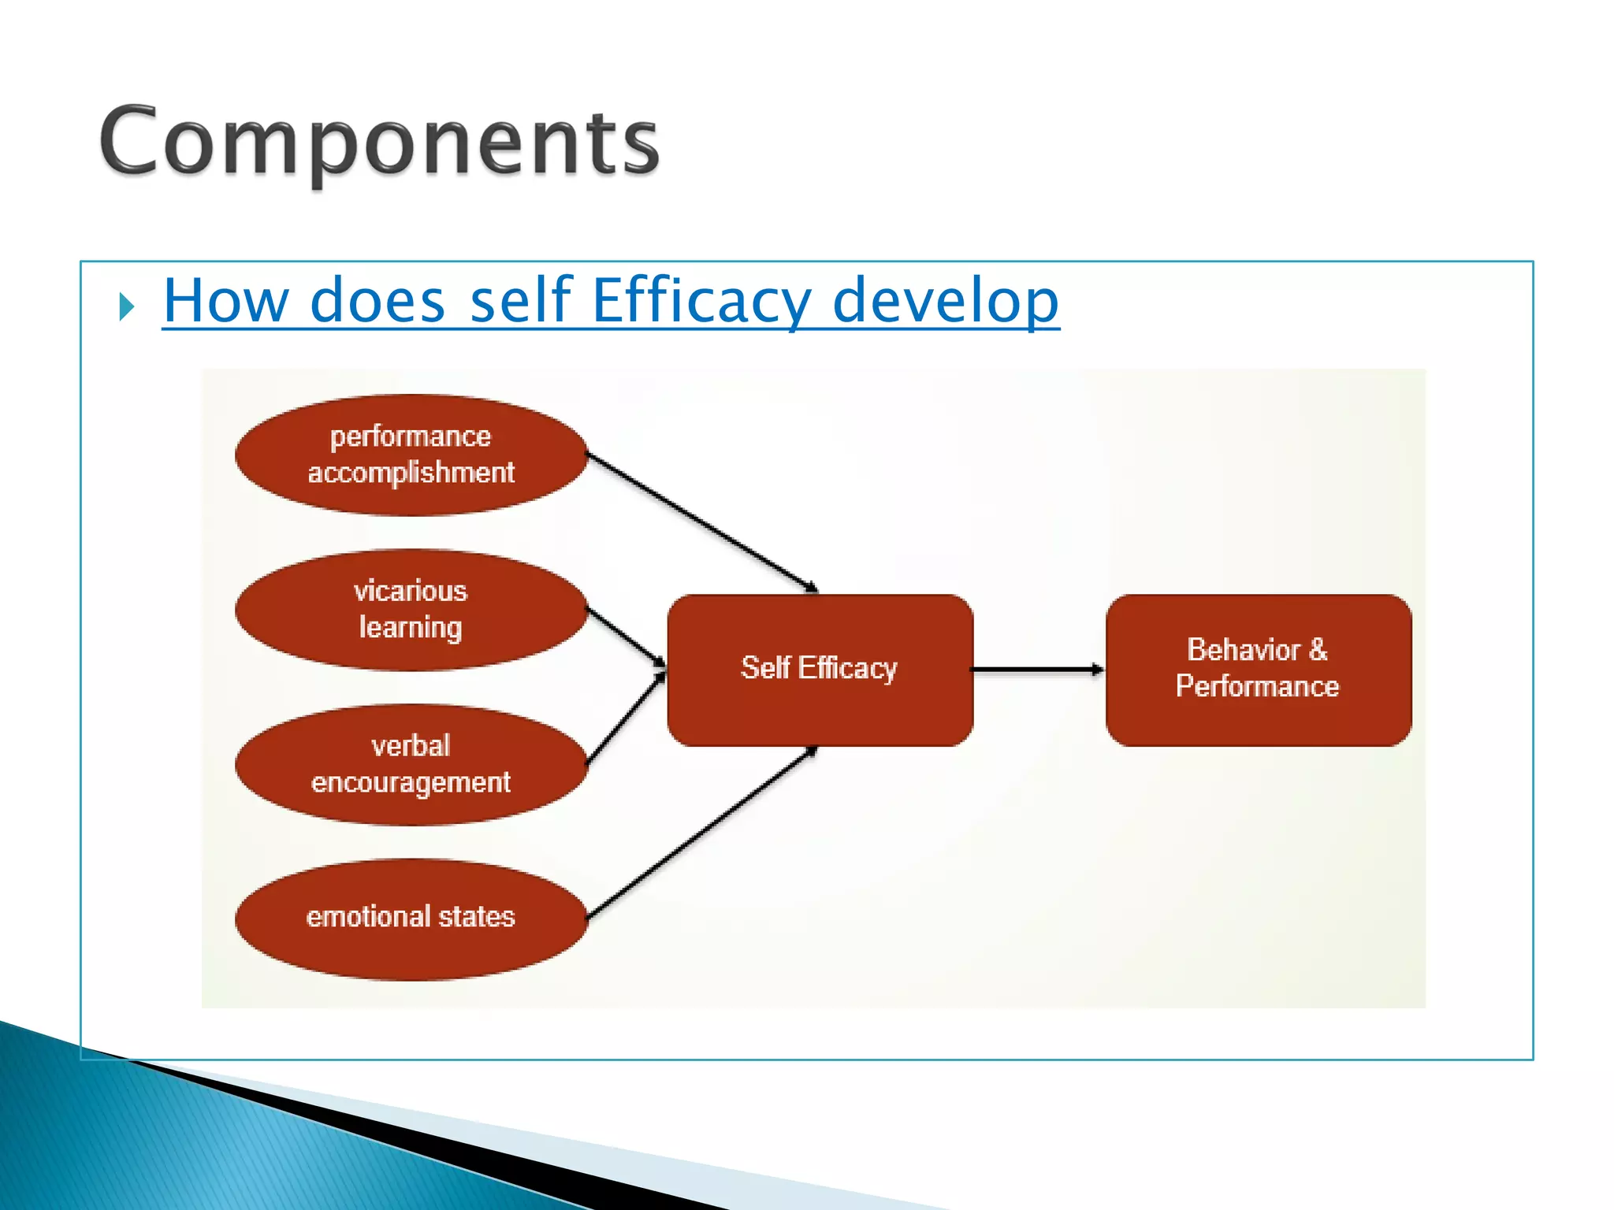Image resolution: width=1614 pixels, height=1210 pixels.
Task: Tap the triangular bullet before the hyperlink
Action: pos(127,306)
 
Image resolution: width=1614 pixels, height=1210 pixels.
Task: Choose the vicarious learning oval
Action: pos(411,610)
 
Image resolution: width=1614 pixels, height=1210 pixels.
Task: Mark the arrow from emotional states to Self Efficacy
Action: pos(701,833)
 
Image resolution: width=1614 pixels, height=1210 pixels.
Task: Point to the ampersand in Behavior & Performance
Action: pos(1318,650)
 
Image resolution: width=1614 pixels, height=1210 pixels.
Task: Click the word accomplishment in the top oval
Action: pos(411,473)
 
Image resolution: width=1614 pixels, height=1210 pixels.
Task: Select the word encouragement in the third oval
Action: pos(411,782)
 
